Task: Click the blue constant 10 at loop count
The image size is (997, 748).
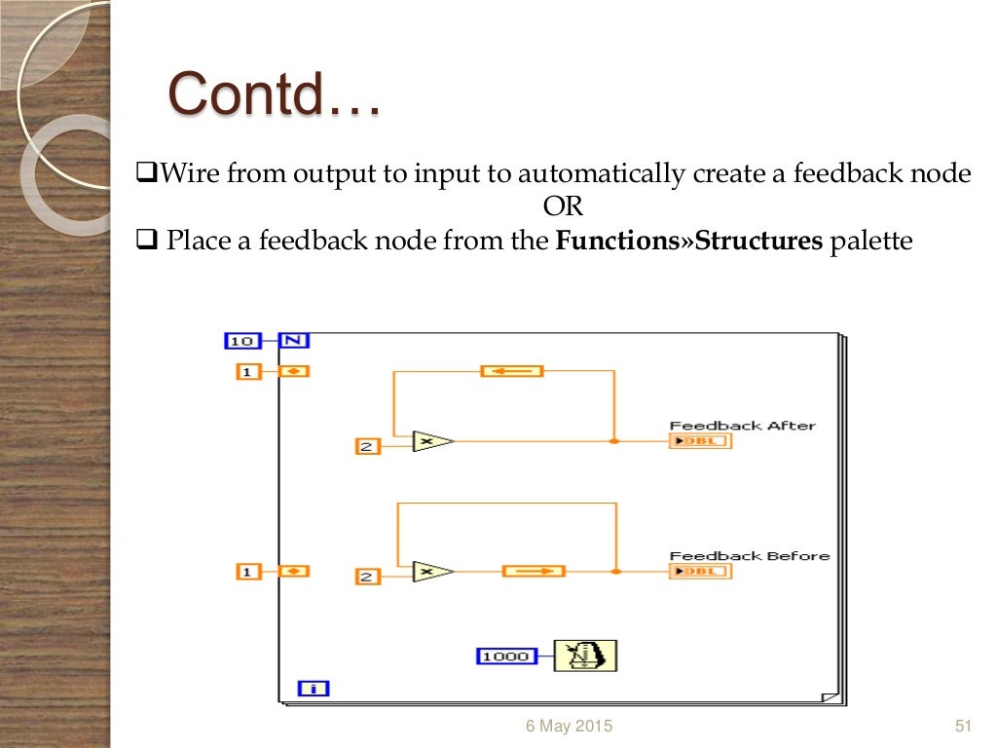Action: [x=242, y=341]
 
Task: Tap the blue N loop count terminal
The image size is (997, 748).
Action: [x=294, y=341]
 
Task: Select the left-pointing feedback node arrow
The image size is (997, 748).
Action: [x=511, y=371]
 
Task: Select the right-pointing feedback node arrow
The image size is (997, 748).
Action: [x=534, y=571]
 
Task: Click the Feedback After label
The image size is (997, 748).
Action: [x=742, y=425]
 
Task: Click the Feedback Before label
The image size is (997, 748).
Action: [x=749, y=555]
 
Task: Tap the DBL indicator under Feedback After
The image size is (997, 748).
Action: [x=700, y=441]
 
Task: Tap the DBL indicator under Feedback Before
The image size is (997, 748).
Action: [x=700, y=572]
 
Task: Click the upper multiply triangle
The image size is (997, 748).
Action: [x=430, y=441]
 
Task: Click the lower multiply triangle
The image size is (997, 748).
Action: [x=430, y=572]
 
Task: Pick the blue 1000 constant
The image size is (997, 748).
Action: [x=506, y=656]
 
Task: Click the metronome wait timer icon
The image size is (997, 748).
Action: [x=585, y=655]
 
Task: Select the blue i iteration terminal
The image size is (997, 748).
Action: [x=314, y=689]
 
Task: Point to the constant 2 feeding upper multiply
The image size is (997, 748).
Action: [x=367, y=447]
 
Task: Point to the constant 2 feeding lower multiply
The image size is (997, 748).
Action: [x=367, y=577]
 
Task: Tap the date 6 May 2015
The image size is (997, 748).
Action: [x=570, y=726]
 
